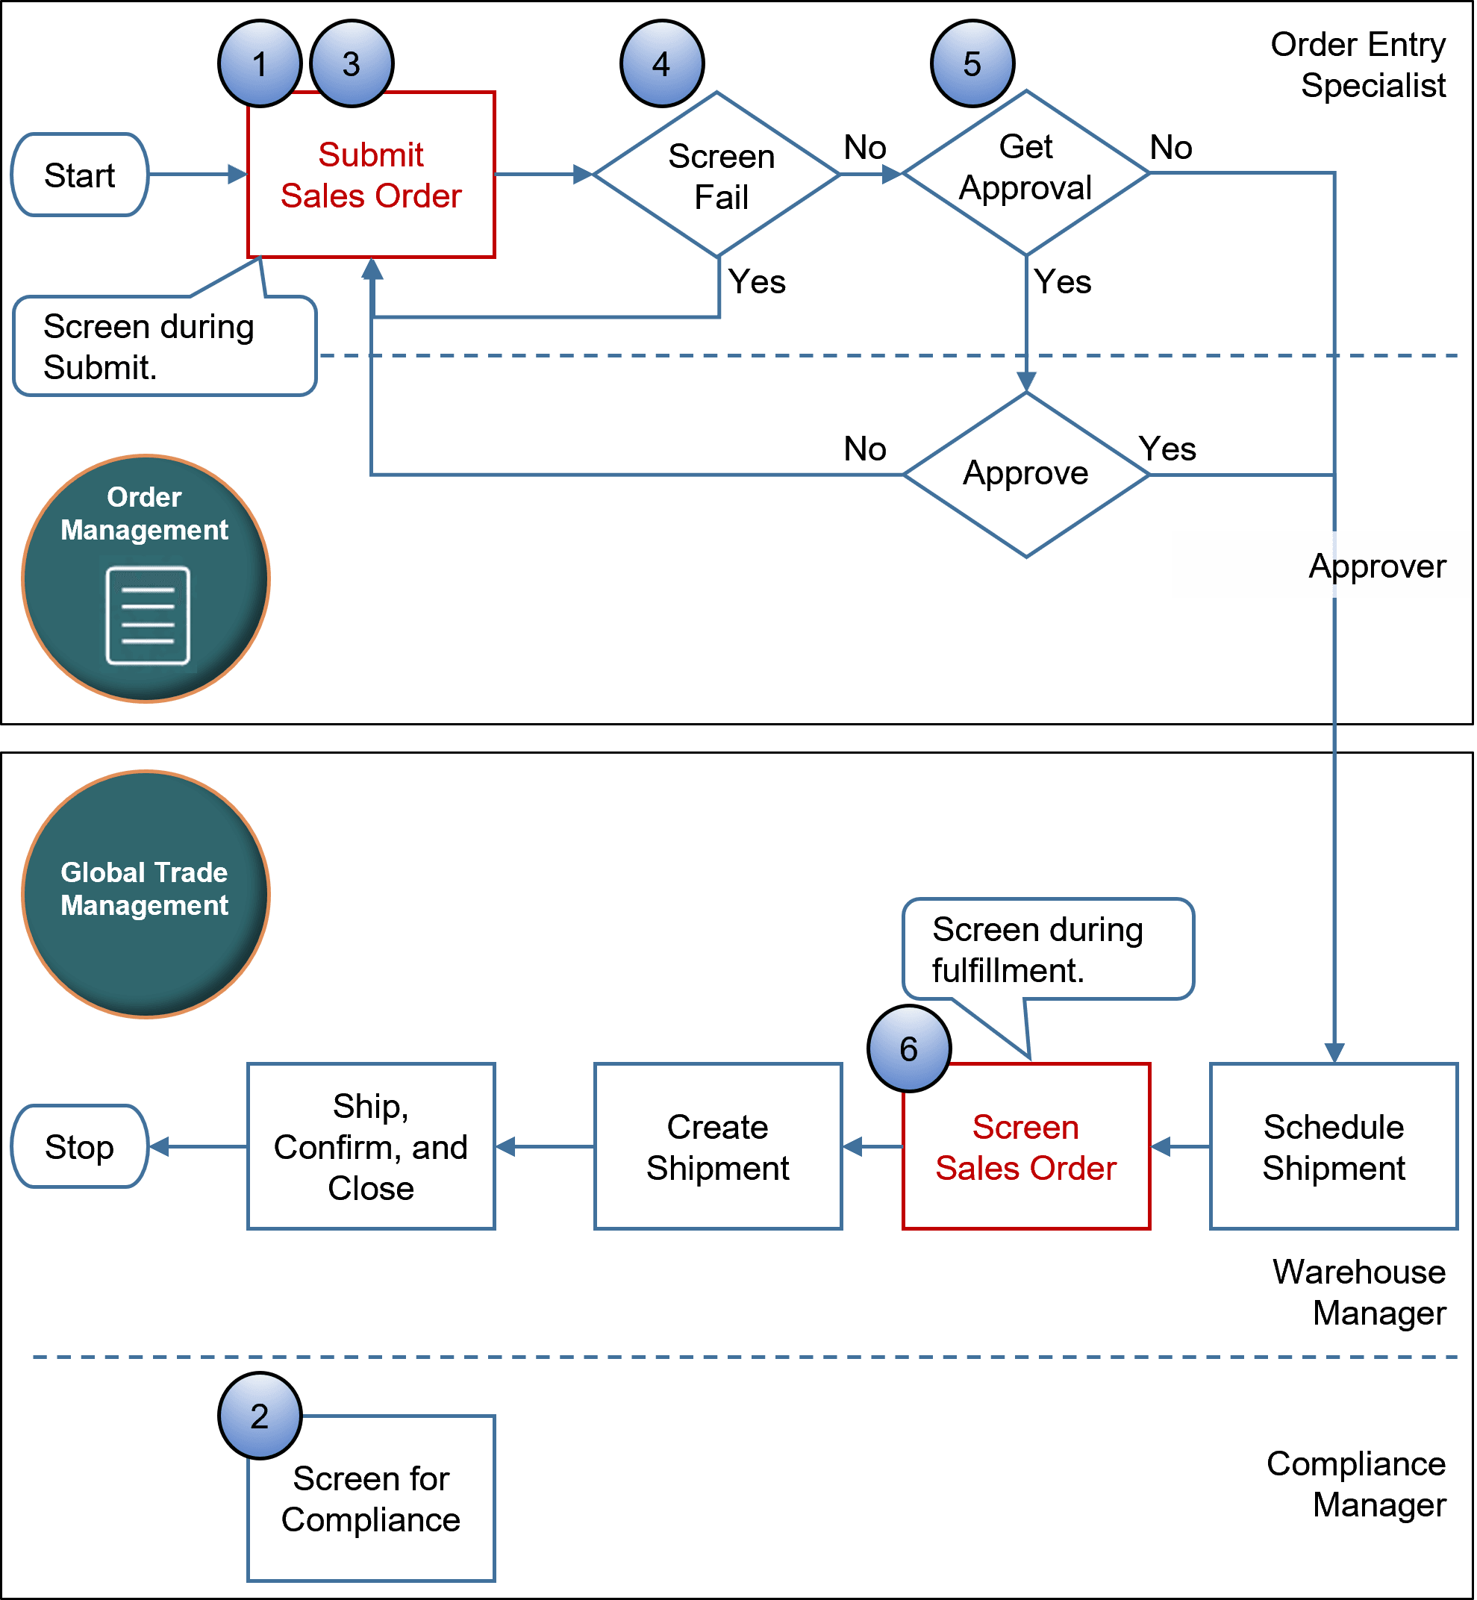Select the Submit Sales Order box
(x=371, y=175)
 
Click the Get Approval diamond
(x=1025, y=173)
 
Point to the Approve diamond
(x=1025, y=474)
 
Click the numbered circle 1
(x=260, y=64)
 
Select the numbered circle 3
(x=352, y=64)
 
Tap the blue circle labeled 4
(x=662, y=64)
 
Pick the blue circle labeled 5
(x=972, y=64)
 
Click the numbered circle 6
(x=909, y=1049)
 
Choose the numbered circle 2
(x=260, y=1416)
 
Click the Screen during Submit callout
(x=165, y=346)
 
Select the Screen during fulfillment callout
(x=1047, y=949)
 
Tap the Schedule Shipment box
(x=1333, y=1146)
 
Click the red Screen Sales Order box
(x=1025, y=1146)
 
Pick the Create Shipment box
(x=718, y=1146)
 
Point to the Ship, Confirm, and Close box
(x=371, y=1146)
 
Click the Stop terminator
(x=79, y=1146)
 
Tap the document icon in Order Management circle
(x=148, y=616)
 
